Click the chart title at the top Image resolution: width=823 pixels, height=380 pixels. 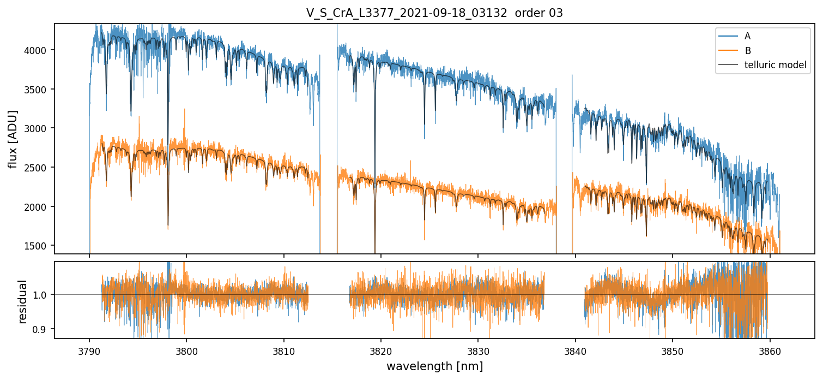point(434,13)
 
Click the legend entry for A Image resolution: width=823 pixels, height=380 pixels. point(747,36)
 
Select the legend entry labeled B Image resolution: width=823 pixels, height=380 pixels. point(747,51)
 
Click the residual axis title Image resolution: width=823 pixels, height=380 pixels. point(23,301)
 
